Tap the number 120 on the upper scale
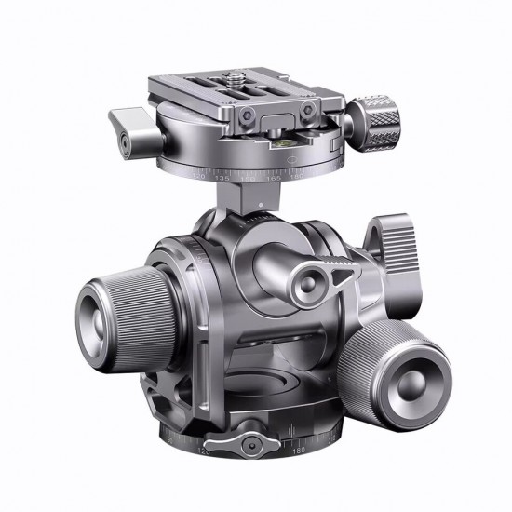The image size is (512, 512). (197, 170)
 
